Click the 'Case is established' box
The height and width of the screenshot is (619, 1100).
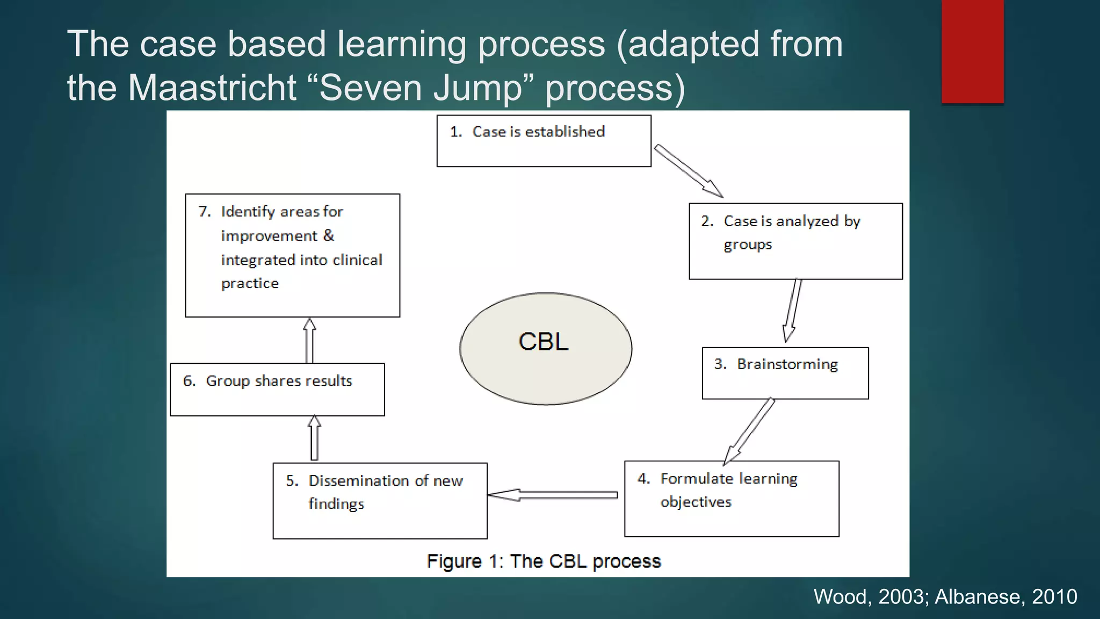(544, 141)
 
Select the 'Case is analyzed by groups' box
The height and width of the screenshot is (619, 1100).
(795, 241)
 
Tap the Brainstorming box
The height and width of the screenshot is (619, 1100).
(785, 373)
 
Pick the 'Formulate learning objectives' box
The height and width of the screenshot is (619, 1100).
(732, 499)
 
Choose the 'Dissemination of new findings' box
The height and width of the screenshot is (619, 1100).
(380, 501)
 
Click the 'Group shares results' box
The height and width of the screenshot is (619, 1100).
(277, 390)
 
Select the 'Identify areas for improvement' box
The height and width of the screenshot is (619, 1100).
(292, 255)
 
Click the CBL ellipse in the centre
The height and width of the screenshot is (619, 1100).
(546, 348)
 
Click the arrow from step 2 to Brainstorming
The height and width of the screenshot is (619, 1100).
(792, 310)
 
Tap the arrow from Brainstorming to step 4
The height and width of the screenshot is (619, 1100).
(750, 430)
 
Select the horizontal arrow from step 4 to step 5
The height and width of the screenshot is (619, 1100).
(553, 495)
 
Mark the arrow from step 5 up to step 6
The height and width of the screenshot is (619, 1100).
(315, 438)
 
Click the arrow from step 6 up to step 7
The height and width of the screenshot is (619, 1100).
(309, 341)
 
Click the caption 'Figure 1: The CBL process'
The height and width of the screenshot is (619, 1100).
(544, 561)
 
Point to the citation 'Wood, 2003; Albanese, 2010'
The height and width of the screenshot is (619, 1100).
(945, 596)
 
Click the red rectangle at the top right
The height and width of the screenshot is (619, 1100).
(972, 52)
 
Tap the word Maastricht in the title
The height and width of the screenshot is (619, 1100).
(212, 88)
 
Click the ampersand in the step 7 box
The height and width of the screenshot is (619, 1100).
(329, 235)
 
